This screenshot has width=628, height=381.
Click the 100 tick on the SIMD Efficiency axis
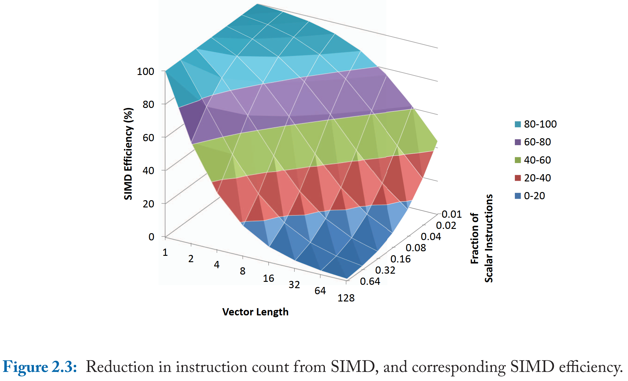tap(146, 72)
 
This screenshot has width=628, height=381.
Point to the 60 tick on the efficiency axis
tap(148, 138)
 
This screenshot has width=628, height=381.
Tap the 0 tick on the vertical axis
tap(151, 237)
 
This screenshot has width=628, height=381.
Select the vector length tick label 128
tap(346, 298)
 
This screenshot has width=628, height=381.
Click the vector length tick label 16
tap(268, 278)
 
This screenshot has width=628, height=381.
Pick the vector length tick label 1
tap(165, 252)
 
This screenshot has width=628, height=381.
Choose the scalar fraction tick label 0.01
tap(451, 214)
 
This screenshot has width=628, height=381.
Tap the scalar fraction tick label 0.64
tap(370, 282)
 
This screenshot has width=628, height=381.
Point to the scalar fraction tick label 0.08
tap(415, 248)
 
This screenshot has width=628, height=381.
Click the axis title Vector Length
tap(255, 312)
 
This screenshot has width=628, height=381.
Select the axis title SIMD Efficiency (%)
tap(128, 154)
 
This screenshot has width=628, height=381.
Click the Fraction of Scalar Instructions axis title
tap(482, 238)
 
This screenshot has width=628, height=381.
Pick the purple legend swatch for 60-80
tap(518, 142)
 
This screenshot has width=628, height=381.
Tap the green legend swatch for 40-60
tap(518, 160)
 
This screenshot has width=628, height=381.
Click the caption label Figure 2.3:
tap(40, 367)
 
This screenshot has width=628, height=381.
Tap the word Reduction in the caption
tap(120, 367)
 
